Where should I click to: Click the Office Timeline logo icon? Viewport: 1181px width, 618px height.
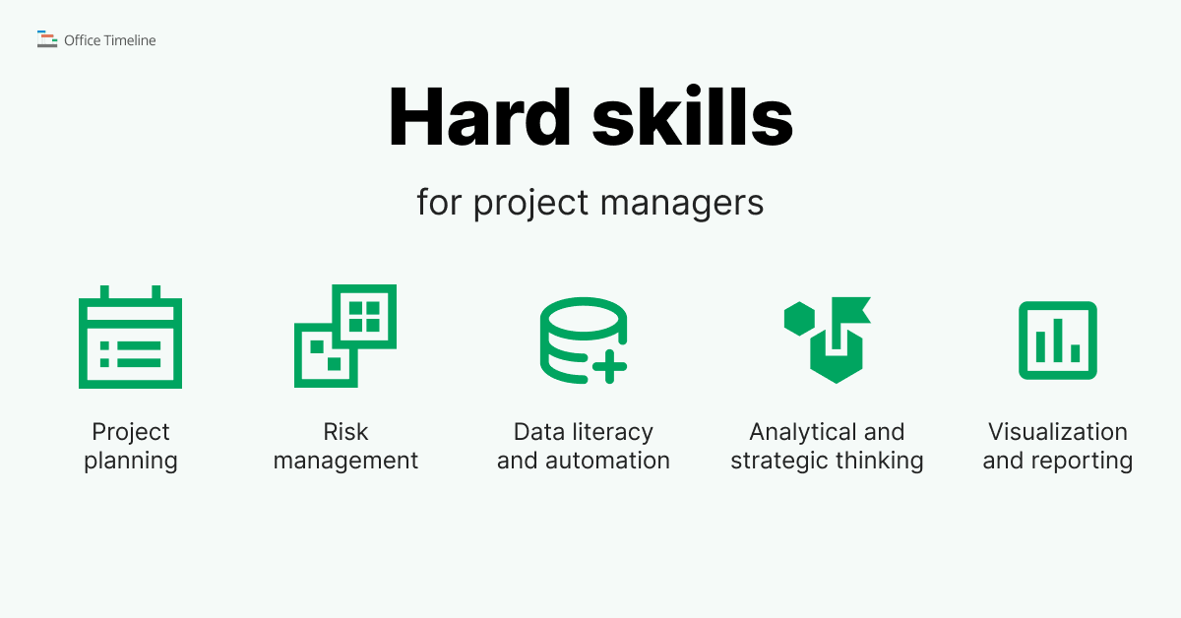(x=47, y=39)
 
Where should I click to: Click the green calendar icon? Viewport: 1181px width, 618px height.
(x=130, y=338)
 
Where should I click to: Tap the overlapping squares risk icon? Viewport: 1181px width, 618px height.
(x=345, y=336)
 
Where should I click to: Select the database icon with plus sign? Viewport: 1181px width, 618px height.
(x=584, y=339)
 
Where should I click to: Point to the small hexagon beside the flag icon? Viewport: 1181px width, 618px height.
(x=798, y=319)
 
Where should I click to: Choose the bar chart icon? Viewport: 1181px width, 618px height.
(x=1057, y=340)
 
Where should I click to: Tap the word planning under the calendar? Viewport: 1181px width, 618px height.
(x=130, y=461)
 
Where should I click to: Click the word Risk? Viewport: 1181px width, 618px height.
(x=345, y=432)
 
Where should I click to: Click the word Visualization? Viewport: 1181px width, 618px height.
(x=1058, y=432)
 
